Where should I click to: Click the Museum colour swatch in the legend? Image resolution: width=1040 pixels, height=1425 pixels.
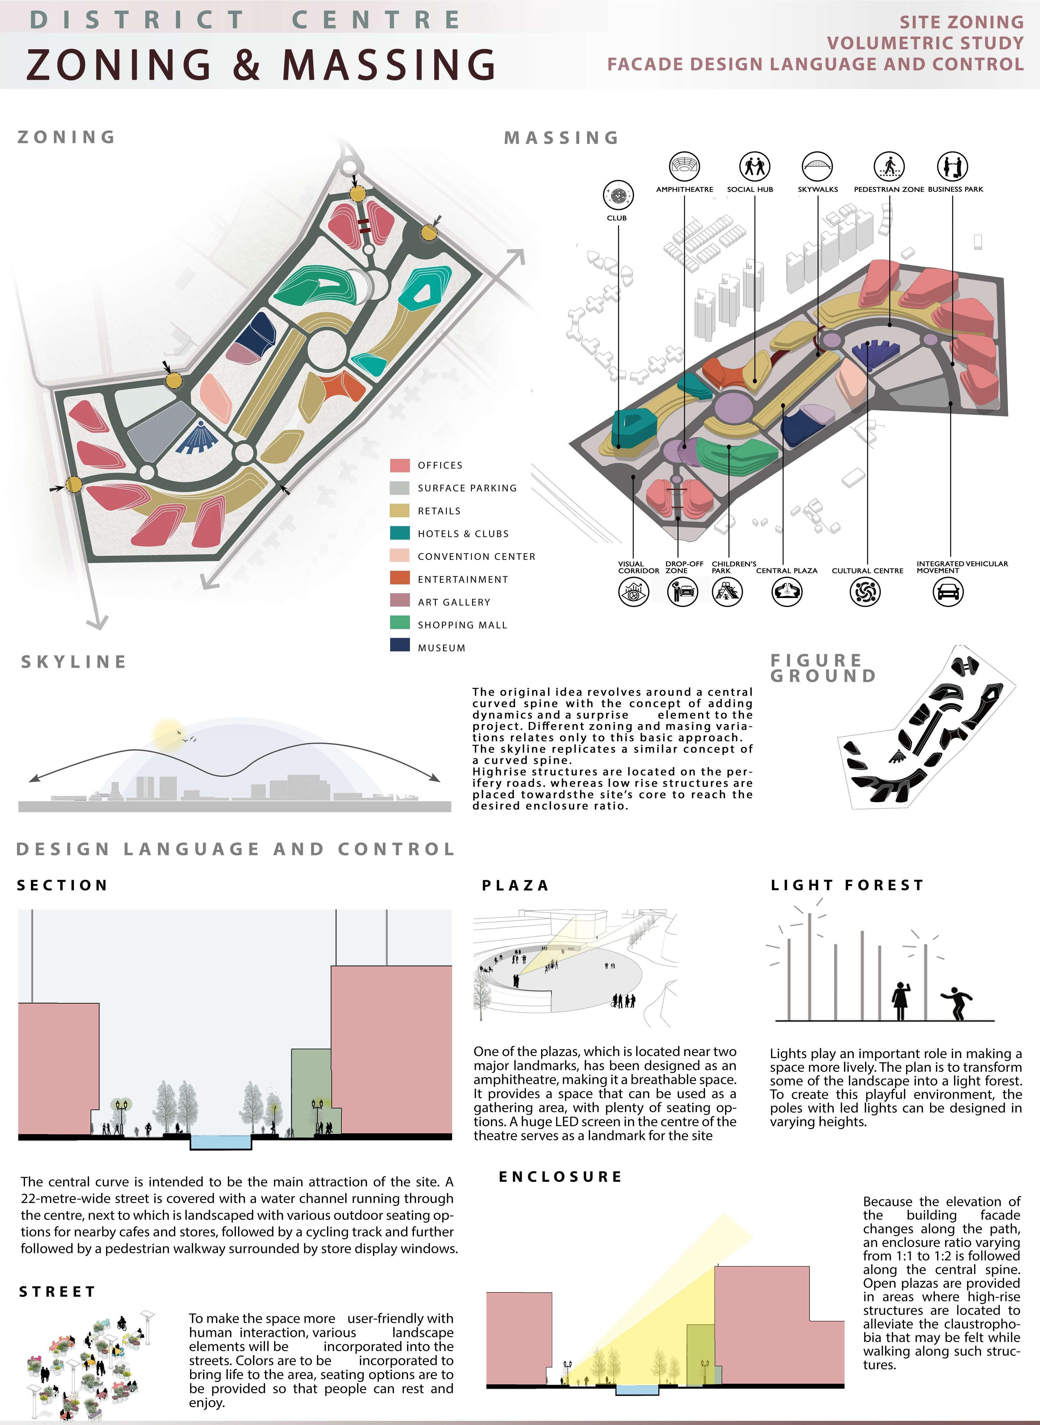400,645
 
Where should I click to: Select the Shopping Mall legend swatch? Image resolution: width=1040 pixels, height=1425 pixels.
400,622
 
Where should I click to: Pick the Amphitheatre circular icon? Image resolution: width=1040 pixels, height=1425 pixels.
684,166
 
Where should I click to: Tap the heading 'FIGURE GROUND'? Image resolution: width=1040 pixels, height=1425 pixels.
822,667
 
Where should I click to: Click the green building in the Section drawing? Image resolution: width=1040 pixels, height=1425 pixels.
311,1090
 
